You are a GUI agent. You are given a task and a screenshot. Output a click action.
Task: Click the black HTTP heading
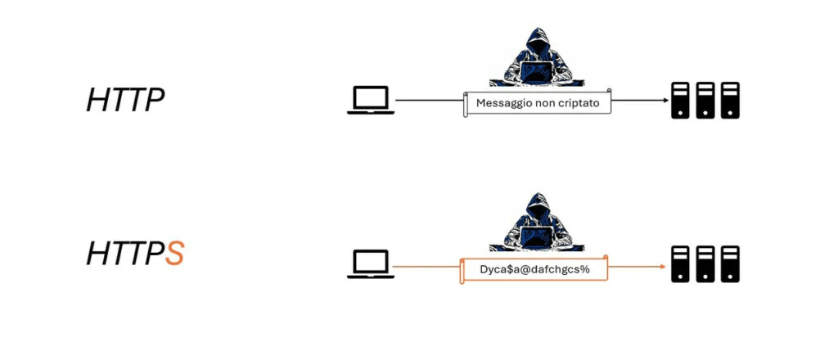coord(125,100)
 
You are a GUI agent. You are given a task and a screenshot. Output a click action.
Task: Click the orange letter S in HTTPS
coord(173,253)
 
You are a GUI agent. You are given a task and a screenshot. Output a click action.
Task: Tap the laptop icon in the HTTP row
coord(371,101)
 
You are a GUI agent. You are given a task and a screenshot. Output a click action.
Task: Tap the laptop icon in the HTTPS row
coord(371,265)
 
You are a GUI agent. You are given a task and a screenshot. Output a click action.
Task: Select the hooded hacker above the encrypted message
coord(536,223)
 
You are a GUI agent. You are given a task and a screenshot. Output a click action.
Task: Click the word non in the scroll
coord(543,102)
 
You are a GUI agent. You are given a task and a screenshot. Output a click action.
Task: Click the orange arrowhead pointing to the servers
coord(664,266)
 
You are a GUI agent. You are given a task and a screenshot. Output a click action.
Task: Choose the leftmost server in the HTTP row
coord(680,100)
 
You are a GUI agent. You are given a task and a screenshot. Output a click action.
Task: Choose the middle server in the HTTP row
coord(705,100)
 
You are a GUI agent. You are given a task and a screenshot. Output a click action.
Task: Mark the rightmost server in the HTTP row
coord(729,100)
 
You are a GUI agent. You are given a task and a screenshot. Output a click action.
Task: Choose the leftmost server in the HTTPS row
coord(680,263)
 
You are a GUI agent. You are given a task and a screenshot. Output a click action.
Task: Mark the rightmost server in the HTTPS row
coord(729,263)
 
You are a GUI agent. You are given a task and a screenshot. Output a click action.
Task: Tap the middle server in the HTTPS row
coord(705,263)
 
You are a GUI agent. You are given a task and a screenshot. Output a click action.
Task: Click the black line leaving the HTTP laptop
coord(429,100)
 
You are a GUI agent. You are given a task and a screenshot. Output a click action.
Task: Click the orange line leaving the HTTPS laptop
coord(426,266)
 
